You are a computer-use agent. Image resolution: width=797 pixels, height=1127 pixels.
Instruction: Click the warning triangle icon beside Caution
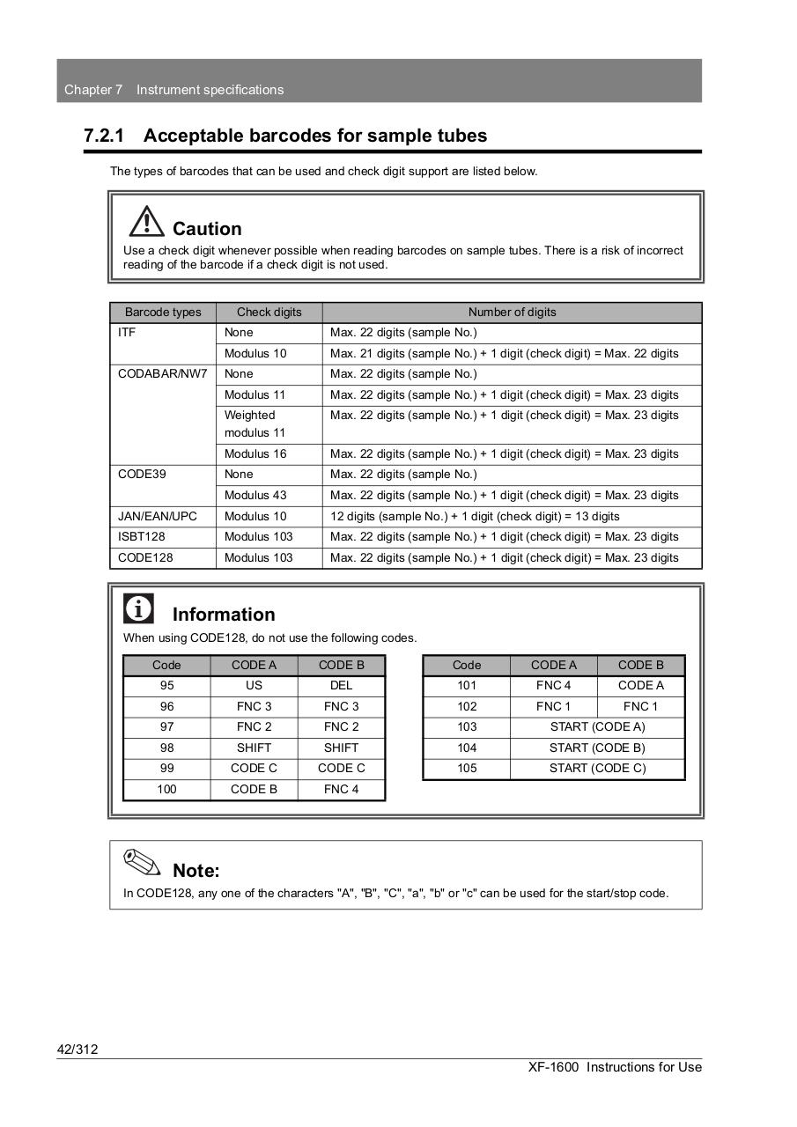pyautogui.click(x=146, y=221)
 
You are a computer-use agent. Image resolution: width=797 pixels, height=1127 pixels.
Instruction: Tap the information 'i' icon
pyautogui.click(x=138, y=608)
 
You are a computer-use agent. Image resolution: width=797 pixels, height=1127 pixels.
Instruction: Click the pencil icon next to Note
pyautogui.click(x=142, y=863)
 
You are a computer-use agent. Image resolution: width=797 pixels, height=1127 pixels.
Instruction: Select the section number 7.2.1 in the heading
pyautogui.click(x=104, y=136)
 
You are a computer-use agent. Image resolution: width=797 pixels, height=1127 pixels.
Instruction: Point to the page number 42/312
pyautogui.click(x=77, y=1049)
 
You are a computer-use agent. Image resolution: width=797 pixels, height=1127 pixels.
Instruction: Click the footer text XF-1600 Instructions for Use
pyautogui.click(x=615, y=1067)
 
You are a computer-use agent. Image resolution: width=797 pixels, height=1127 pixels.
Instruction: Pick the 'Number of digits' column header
pyautogui.click(x=512, y=313)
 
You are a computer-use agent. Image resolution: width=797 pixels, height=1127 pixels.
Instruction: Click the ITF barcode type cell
pyautogui.click(x=128, y=333)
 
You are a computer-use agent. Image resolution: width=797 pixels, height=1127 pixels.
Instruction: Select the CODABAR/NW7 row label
pyautogui.click(x=162, y=374)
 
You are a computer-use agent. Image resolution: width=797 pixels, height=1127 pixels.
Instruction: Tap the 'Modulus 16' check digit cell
pyautogui.click(x=255, y=454)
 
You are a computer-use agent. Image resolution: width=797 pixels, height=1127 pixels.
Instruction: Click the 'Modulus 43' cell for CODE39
pyautogui.click(x=255, y=496)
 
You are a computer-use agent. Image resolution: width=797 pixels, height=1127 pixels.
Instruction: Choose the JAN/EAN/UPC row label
pyautogui.click(x=158, y=517)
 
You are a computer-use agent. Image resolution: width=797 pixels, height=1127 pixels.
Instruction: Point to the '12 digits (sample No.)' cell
pyautogui.click(x=474, y=517)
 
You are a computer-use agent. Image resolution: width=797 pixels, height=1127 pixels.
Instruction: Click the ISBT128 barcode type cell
pyautogui.click(x=142, y=537)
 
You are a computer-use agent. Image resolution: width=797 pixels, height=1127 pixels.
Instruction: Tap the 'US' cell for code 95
pyautogui.click(x=254, y=686)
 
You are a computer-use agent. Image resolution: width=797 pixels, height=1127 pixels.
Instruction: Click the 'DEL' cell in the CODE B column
pyautogui.click(x=341, y=686)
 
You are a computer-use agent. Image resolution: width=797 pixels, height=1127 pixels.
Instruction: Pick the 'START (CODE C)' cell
pyautogui.click(x=597, y=769)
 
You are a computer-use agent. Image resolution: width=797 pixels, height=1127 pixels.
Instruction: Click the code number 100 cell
pyautogui.click(x=166, y=790)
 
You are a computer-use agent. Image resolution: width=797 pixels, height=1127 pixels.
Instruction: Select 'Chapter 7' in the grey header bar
pyautogui.click(x=93, y=90)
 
